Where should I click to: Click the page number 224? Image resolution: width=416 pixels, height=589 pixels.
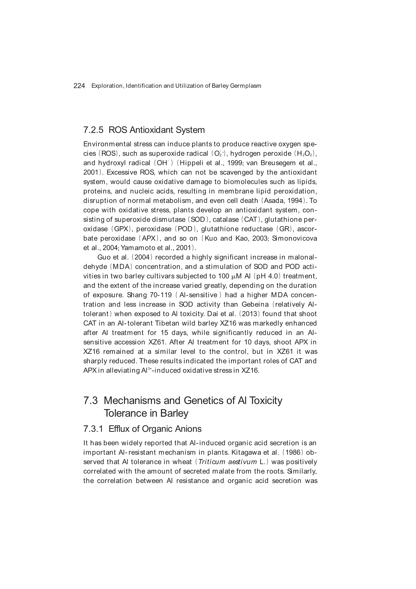(79, 86)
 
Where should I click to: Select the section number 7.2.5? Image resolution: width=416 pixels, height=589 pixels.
(93, 130)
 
